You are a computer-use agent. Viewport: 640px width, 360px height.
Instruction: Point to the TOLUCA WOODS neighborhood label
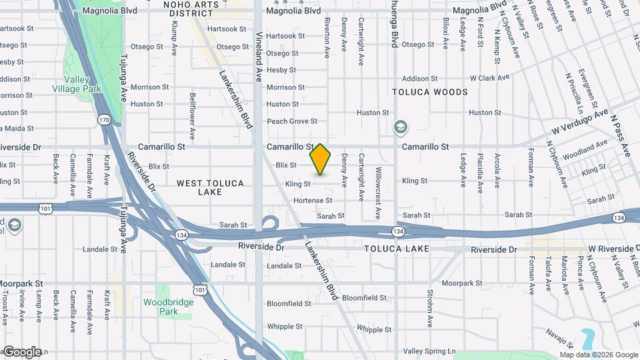point(430,92)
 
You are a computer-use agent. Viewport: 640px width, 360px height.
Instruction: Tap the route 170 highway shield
point(104,120)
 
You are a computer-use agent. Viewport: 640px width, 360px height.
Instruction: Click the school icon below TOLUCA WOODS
point(401,127)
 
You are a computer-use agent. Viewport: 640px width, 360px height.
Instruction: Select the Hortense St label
point(313,200)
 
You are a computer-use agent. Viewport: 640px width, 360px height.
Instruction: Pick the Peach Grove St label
point(292,121)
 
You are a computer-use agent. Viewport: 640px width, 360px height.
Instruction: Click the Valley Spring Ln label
point(429,351)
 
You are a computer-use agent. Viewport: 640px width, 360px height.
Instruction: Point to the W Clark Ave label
point(489,78)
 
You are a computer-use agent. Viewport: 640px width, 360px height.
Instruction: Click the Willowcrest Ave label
point(378,193)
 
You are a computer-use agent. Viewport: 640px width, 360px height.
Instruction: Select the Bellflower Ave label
point(192,116)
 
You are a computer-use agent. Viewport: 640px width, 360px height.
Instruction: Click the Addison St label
point(419,78)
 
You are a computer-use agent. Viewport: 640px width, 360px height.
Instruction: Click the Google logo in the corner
point(22,351)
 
